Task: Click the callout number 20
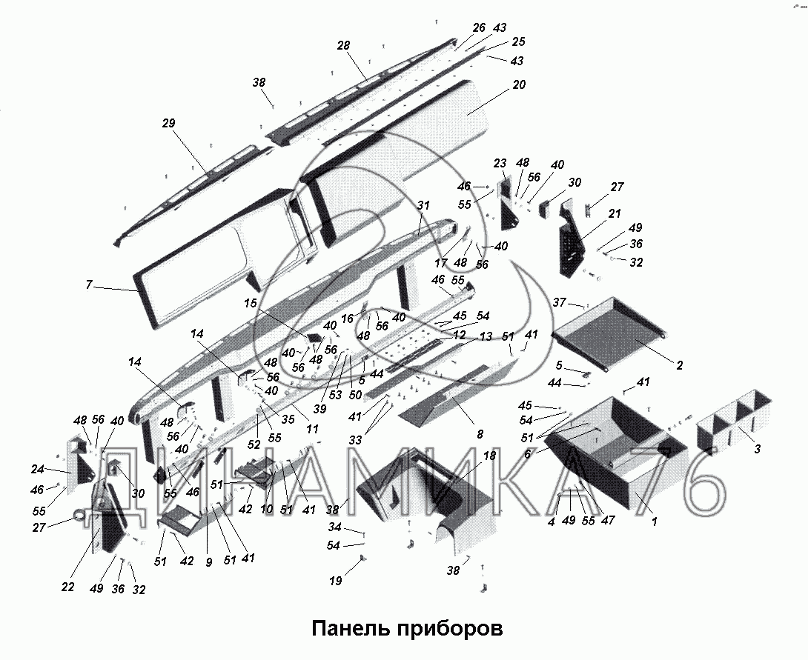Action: tap(519, 84)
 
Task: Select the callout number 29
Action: tap(168, 124)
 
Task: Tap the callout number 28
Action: tap(343, 46)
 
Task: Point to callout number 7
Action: tap(89, 284)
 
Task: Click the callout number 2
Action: tap(680, 365)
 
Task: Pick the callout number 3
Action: tap(757, 450)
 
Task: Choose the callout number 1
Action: tap(655, 521)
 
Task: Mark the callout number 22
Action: tap(67, 587)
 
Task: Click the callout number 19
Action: tap(336, 581)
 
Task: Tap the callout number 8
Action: tap(480, 435)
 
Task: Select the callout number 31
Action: tap(423, 205)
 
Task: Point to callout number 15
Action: tap(251, 304)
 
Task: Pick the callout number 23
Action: tap(500, 163)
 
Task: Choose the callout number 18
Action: tap(489, 456)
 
